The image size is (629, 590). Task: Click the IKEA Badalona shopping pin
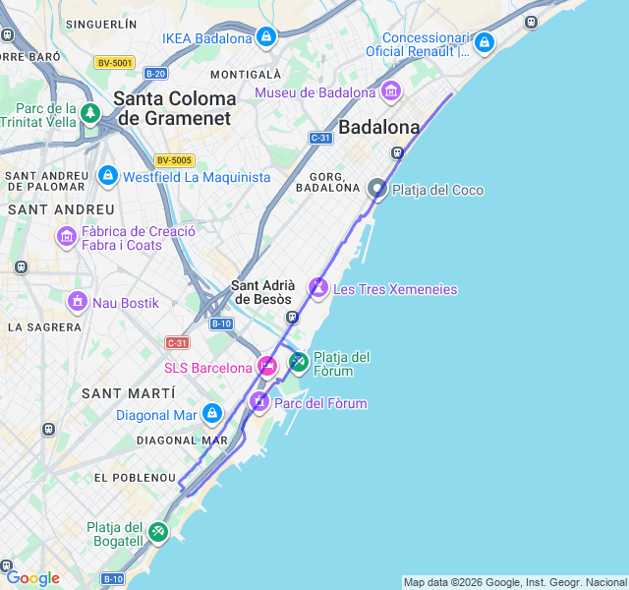coord(265,37)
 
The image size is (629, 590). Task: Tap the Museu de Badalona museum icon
coord(391,92)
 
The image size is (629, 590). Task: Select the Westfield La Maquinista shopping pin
coord(108,176)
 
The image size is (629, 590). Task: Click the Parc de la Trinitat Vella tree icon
coord(90,113)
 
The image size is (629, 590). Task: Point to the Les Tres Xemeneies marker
coord(318,287)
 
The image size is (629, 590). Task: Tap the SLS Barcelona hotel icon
coord(267,367)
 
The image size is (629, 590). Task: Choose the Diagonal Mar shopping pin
coord(212,414)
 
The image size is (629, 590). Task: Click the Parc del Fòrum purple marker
coord(259,401)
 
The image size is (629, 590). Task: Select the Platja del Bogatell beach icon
coord(158,532)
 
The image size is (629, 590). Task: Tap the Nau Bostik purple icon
coord(77,302)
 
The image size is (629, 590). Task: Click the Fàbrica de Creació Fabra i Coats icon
coord(67,236)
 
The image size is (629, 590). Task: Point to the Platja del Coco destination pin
coord(377,189)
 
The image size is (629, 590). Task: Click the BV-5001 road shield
coord(114,63)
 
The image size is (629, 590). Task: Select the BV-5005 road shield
coord(174,160)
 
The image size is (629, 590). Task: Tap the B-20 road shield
coord(155,74)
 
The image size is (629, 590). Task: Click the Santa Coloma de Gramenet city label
coord(175,108)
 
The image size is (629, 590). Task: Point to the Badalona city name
coord(379,127)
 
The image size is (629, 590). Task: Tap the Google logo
coord(32,578)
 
